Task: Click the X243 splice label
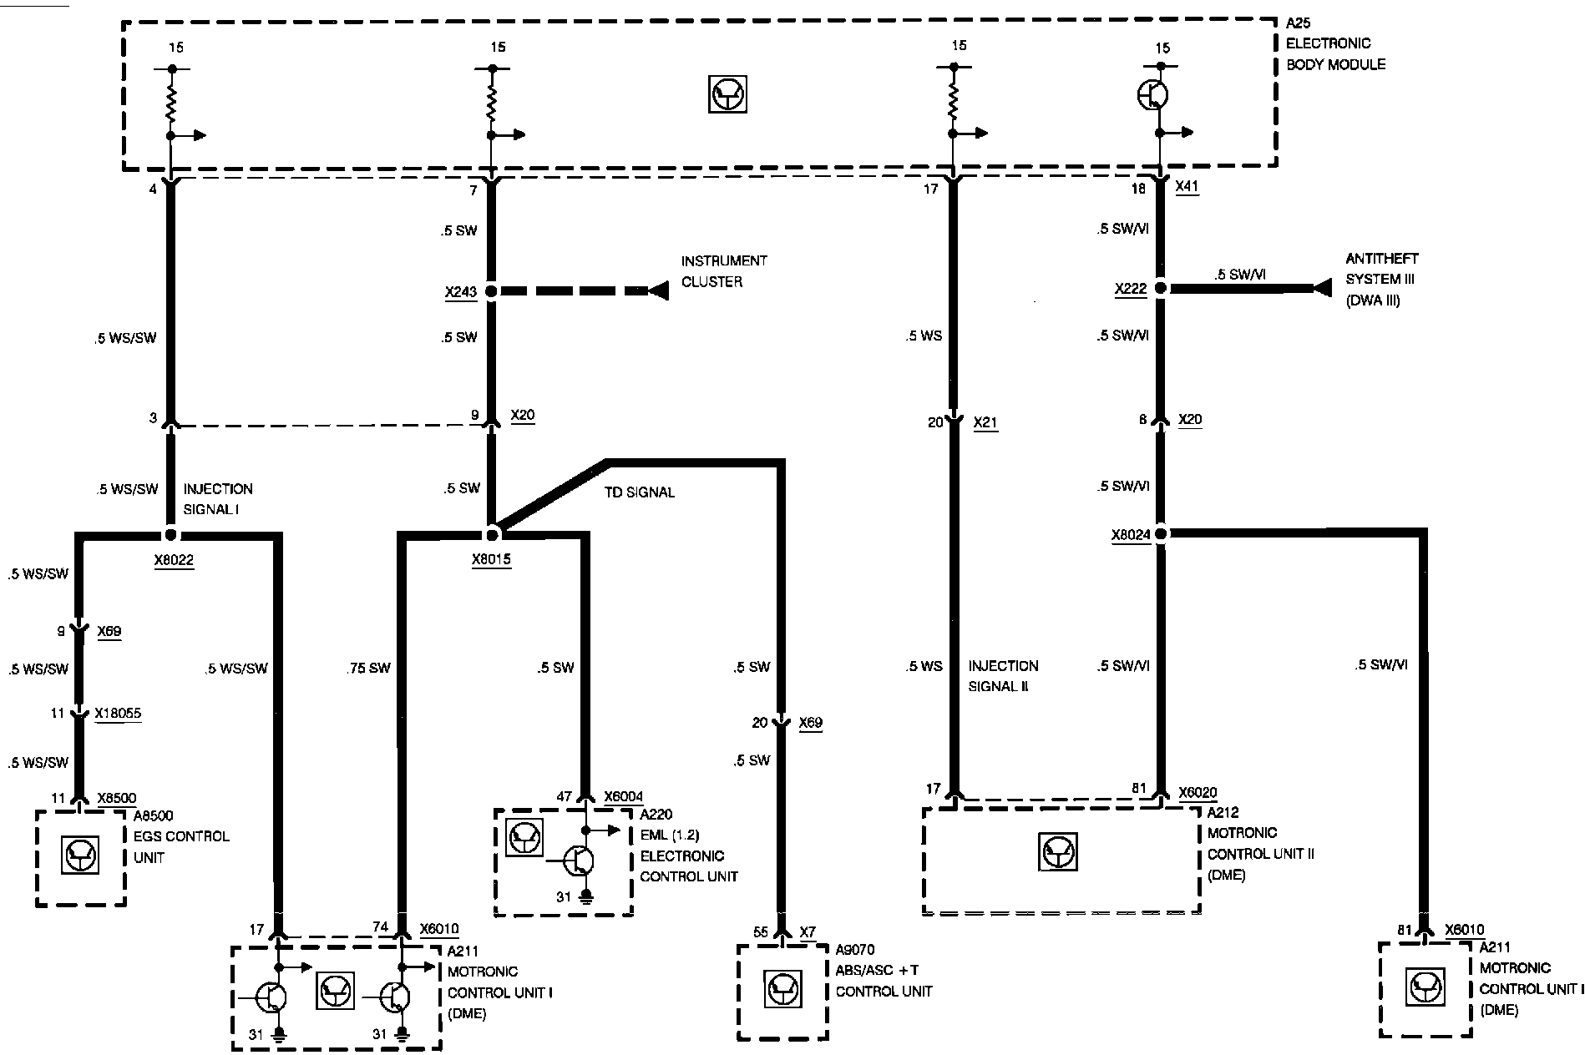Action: click(x=460, y=293)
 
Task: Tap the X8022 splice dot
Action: click(x=170, y=535)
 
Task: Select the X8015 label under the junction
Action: click(x=491, y=560)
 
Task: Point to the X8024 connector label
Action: click(x=1131, y=535)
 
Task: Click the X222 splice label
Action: click(x=1131, y=289)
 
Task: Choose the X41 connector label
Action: click(x=1187, y=188)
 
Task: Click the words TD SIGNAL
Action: click(x=640, y=492)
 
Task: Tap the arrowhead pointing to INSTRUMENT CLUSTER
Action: click(x=659, y=291)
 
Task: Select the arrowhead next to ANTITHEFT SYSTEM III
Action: click(x=1321, y=288)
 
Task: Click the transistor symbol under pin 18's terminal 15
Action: click(x=1153, y=96)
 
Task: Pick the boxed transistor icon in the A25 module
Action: click(x=727, y=95)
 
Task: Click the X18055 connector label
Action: click(x=118, y=714)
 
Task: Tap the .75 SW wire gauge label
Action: click(x=368, y=668)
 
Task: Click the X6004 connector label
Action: click(x=623, y=797)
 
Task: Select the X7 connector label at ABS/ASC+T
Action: click(x=807, y=931)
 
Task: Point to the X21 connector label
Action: click(x=985, y=423)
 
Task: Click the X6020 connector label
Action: click(x=1198, y=792)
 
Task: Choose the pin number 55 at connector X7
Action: click(x=760, y=932)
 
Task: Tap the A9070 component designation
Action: click(x=855, y=950)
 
